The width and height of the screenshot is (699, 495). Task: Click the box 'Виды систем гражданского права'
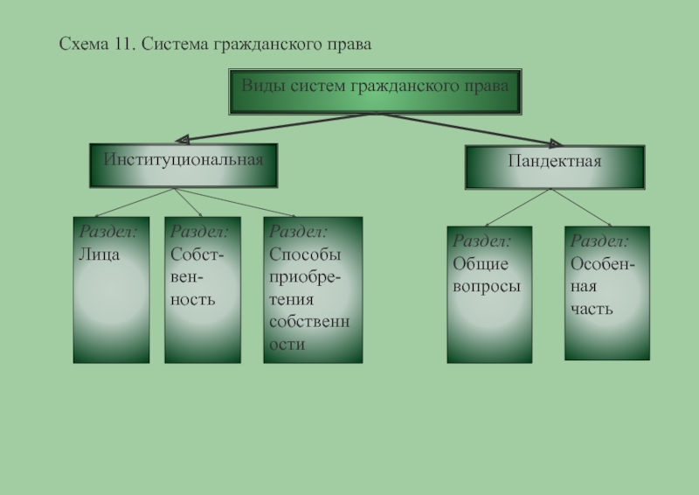click(375, 91)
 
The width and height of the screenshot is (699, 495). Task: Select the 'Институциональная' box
click(183, 165)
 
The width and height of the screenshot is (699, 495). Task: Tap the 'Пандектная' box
click(554, 166)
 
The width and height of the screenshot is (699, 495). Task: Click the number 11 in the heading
click(121, 42)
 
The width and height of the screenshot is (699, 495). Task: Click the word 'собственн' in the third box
click(309, 322)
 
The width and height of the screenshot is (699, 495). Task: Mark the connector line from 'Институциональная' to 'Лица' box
click(131, 202)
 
